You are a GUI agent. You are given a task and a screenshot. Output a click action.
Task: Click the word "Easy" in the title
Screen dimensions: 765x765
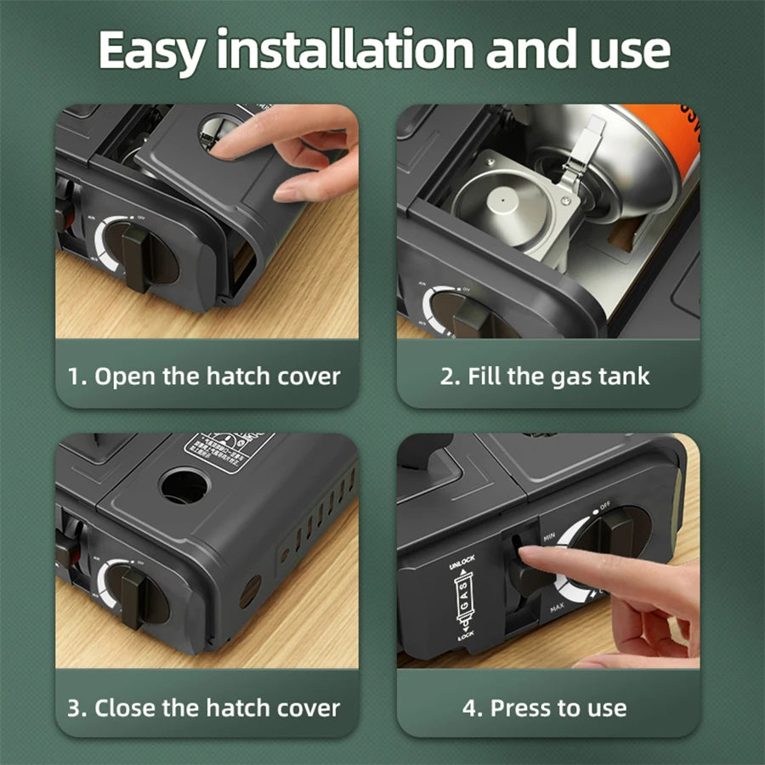(150, 53)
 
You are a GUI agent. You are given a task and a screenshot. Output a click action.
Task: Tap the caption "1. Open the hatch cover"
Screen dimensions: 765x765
(204, 377)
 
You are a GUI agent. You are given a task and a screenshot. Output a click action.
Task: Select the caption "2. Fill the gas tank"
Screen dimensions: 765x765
(545, 377)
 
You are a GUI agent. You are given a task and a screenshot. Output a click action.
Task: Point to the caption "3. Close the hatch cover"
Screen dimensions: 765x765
(204, 707)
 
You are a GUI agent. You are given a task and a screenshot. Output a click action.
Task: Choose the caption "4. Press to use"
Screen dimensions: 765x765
(545, 707)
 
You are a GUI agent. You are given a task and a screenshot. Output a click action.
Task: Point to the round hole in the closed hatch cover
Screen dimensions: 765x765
(184, 485)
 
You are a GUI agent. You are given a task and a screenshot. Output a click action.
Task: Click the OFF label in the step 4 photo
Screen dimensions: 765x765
(604, 507)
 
